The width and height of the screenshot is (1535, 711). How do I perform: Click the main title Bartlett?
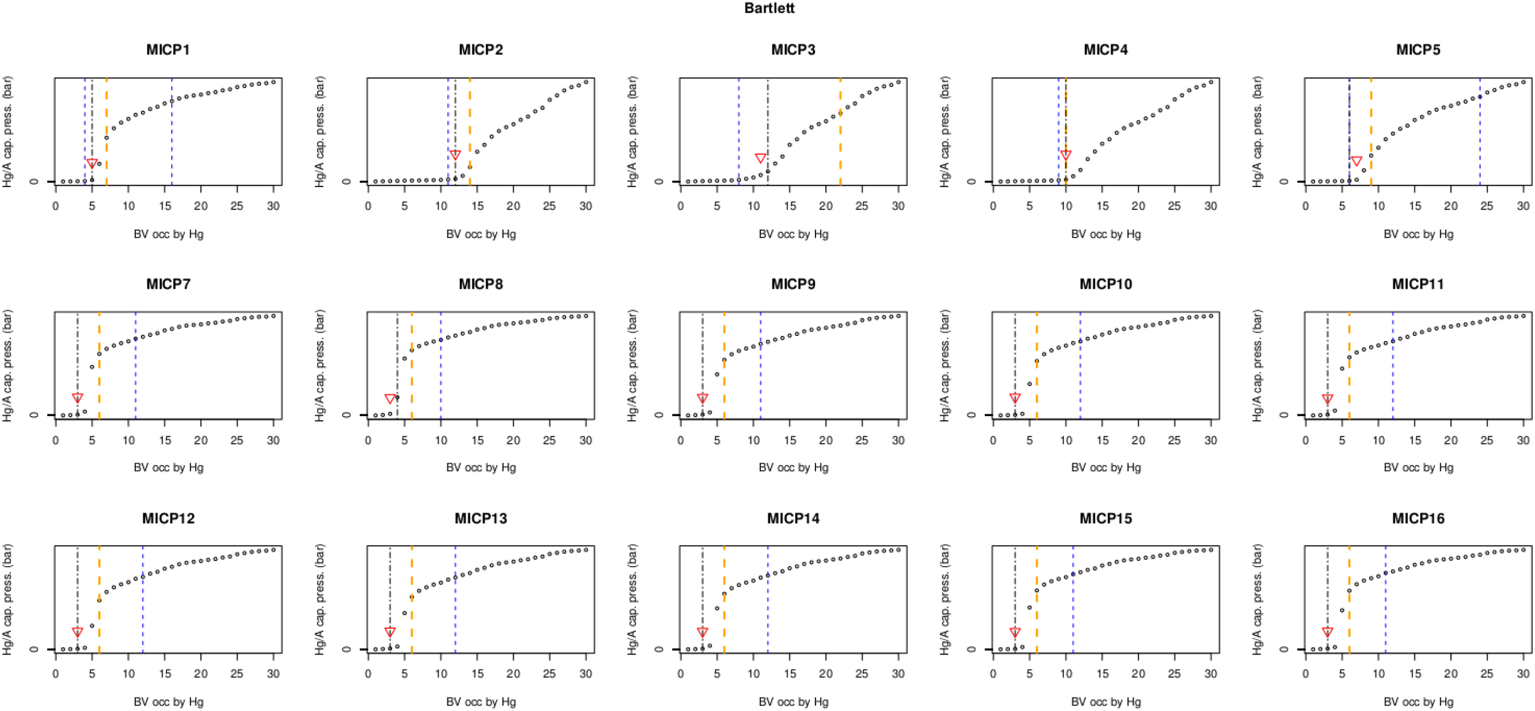tap(769, 9)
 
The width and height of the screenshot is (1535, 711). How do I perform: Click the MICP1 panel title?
tap(168, 49)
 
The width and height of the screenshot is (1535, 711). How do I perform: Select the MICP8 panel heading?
tap(480, 284)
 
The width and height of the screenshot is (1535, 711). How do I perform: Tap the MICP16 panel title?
tap(1417, 518)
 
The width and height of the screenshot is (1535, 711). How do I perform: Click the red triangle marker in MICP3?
tap(760, 158)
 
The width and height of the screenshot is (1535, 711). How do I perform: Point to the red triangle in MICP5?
tap(1356, 161)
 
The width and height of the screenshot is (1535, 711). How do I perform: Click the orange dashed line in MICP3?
tap(840, 143)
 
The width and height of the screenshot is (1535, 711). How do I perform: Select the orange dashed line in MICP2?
tap(469, 119)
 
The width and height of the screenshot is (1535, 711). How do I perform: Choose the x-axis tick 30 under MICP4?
tap(1211, 206)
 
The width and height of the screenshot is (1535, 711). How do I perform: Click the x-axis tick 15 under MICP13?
tap(477, 674)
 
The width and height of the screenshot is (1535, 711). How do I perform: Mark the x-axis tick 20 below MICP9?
tap(826, 440)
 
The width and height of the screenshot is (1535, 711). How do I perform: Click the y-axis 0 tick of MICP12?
tap(34, 649)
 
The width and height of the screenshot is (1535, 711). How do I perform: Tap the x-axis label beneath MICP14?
tap(793, 702)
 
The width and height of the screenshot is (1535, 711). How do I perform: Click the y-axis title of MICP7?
tap(8, 365)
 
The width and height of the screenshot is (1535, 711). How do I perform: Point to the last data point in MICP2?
tap(586, 82)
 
